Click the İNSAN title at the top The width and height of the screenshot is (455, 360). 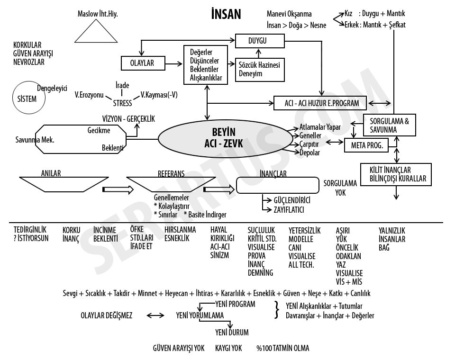coord(226,14)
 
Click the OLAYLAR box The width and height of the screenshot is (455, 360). coord(142,63)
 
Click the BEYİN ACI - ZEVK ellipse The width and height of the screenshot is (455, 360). coord(224,137)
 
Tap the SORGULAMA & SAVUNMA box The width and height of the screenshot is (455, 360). coord(389,125)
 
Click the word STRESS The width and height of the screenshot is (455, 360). coord(122,103)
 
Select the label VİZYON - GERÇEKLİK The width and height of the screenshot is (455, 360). coord(128,119)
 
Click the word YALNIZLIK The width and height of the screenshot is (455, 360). coord(392,231)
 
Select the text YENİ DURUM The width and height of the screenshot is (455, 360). coord(232,332)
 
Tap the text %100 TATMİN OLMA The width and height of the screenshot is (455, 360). coord(283,348)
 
